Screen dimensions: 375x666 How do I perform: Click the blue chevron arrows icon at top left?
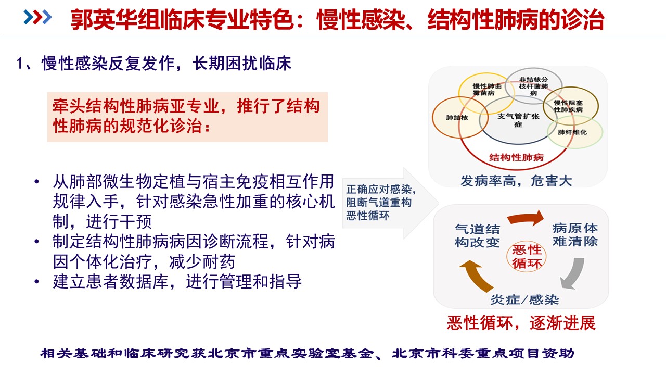[x=39, y=17]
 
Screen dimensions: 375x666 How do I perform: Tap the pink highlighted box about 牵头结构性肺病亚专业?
[x=187, y=117]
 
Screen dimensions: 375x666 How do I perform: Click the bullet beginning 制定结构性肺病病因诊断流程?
[x=193, y=251]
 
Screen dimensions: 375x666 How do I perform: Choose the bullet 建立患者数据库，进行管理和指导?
[x=177, y=282]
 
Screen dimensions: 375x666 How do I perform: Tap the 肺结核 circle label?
[x=457, y=118]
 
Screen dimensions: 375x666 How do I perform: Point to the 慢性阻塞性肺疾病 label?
[x=569, y=106]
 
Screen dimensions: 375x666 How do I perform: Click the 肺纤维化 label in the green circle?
[x=572, y=132]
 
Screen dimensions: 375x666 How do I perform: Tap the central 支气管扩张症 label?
[x=518, y=120]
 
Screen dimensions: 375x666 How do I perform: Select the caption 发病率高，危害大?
[x=516, y=181]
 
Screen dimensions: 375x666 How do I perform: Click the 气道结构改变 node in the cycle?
[x=477, y=236]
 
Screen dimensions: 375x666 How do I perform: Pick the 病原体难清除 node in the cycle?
[x=575, y=235]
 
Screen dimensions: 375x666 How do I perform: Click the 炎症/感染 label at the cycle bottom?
[x=524, y=300]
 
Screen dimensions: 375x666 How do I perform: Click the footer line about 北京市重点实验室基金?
[x=308, y=354]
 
